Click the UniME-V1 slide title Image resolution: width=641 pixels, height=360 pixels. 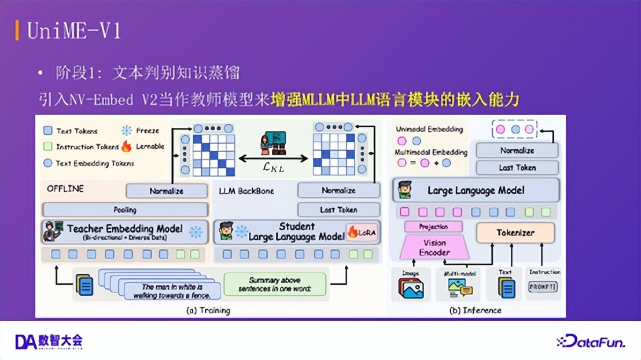[75, 30]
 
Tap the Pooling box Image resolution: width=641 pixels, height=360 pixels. [125, 210]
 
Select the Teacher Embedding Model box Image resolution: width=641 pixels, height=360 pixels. [125, 232]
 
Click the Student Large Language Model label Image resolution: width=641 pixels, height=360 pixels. [296, 232]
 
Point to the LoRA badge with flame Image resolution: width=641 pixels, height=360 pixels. [362, 233]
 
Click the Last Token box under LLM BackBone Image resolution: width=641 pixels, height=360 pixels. [338, 210]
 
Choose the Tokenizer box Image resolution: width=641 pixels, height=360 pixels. [515, 233]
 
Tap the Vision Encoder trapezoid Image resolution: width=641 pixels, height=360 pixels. [434, 247]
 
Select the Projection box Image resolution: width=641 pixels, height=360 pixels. [434, 227]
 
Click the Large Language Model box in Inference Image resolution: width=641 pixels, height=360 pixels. [476, 190]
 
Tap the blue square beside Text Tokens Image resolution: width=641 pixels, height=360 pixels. [49, 131]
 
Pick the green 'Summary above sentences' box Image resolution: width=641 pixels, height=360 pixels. [275, 284]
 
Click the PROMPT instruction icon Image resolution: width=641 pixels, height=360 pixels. [543, 286]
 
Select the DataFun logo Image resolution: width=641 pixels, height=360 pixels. [590, 342]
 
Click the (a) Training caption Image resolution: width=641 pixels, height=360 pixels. [208, 310]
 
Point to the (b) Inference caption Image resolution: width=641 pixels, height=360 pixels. [475, 310]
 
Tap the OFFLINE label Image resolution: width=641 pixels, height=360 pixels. [65, 189]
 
